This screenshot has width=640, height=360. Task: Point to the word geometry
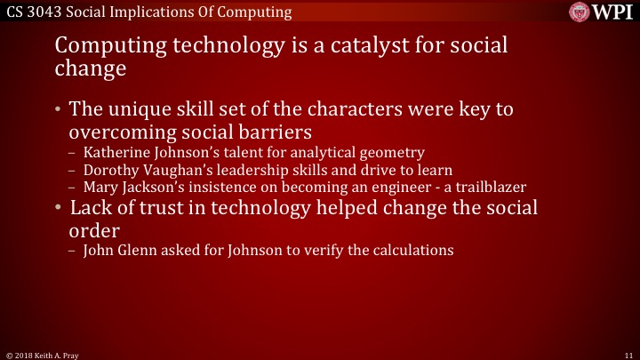coord(390,152)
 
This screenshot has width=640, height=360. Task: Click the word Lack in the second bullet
coord(90,209)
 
